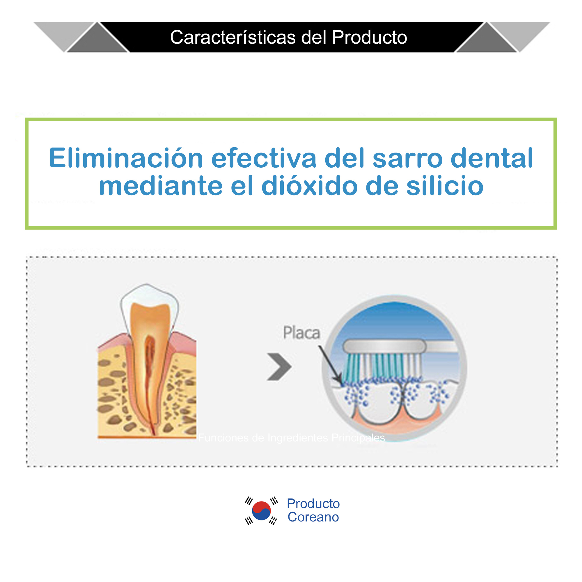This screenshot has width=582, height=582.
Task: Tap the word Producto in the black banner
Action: (369, 37)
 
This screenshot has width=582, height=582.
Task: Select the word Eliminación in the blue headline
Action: (126, 158)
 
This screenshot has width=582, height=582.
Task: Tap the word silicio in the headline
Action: (445, 186)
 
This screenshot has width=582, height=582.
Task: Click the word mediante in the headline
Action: (161, 186)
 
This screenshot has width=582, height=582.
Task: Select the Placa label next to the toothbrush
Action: (301, 333)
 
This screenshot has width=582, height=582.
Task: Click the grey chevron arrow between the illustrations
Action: (279, 367)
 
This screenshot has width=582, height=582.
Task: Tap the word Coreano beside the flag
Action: (313, 517)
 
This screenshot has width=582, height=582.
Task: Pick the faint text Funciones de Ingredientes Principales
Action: (291, 438)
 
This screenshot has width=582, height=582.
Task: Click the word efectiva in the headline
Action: (264, 158)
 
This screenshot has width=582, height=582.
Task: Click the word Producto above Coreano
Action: (313, 503)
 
